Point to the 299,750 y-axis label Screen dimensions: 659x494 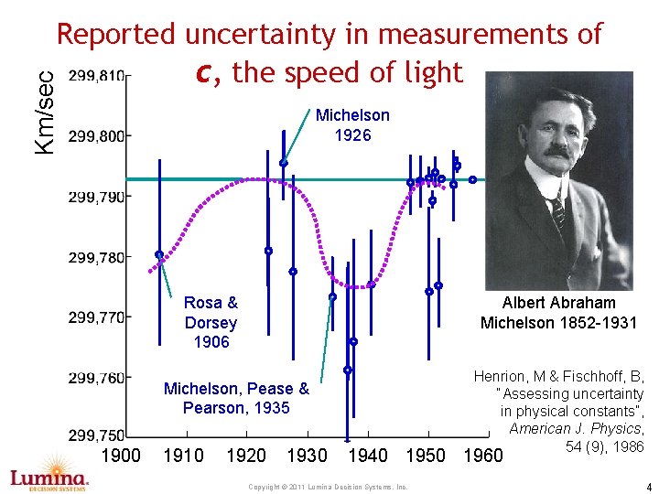pyautogui.click(x=96, y=435)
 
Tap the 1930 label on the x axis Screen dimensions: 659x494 pyautogui.click(x=308, y=456)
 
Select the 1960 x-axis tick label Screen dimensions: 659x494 pyautogui.click(x=483, y=456)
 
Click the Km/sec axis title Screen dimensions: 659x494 pyautogui.click(x=45, y=113)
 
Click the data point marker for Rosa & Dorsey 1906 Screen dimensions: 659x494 pyautogui.click(x=159, y=254)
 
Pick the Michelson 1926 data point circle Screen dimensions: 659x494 pyautogui.click(x=283, y=163)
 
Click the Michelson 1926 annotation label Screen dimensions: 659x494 pyautogui.click(x=352, y=125)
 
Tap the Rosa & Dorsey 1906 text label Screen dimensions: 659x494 pyautogui.click(x=211, y=322)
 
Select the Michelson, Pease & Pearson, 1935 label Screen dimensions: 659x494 pyautogui.click(x=236, y=398)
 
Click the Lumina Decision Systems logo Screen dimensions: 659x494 pyautogui.click(x=49, y=474)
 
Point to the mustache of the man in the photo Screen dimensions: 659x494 pyautogui.click(x=559, y=151)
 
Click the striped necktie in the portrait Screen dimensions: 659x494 pyautogui.click(x=558, y=212)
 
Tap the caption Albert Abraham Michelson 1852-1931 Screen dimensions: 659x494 pyautogui.click(x=558, y=313)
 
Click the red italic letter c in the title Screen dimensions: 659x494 pyautogui.click(x=204, y=73)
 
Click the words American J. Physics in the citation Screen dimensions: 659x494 pyautogui.click(x=575, y=428)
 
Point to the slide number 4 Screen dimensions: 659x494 pyautogui.click(x=649, y=486)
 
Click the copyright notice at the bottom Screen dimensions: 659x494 pyautogui.click(x=328, y=487)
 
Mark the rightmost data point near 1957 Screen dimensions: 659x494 pyautogui.click(x=473, y=180)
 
